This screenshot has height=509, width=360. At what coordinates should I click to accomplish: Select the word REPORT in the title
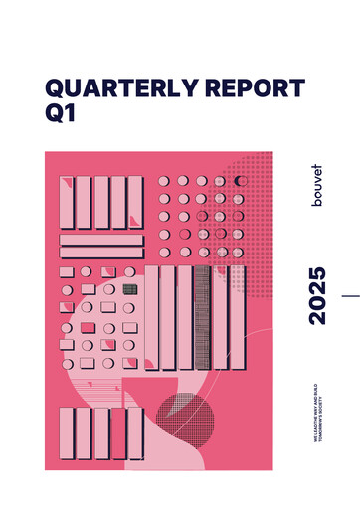tap(256, 87)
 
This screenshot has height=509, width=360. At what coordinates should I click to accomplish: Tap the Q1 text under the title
tap(60, 115)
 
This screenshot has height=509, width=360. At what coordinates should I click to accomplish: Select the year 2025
tap(317, 295)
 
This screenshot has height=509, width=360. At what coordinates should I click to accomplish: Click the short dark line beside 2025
tap(350, 295)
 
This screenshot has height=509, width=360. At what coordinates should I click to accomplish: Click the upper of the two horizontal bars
tap(101, 239)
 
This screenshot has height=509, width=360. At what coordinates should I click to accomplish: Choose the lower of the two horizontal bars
tap(101, 253)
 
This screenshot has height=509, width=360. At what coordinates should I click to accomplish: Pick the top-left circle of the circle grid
tap(165, 182)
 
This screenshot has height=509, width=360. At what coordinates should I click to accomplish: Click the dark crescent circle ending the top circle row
tap(240, 181)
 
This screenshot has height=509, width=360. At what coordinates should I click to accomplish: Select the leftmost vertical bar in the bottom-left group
tap(67, 432)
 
